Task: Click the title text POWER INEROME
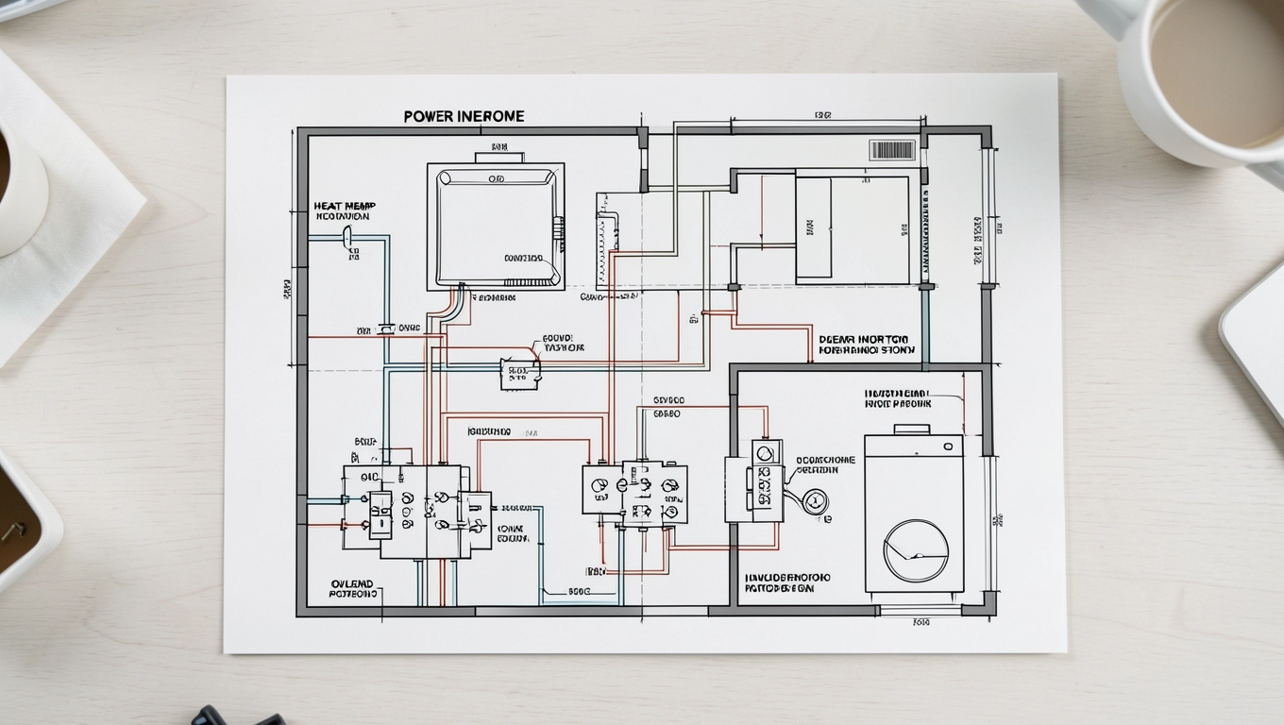[x=464, y=116]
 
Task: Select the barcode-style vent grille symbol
[x=891, y=150]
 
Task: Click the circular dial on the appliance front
[x=915, y=549]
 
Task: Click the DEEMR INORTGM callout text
[x=863, y=339]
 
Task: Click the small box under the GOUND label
[x=519, y=374]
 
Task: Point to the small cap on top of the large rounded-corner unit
[x=498, y=148]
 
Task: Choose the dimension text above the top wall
[x=821, y=115]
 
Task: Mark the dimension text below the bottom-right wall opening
[x=921, y=622]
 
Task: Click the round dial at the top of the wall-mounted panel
[x=765, y=454]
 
